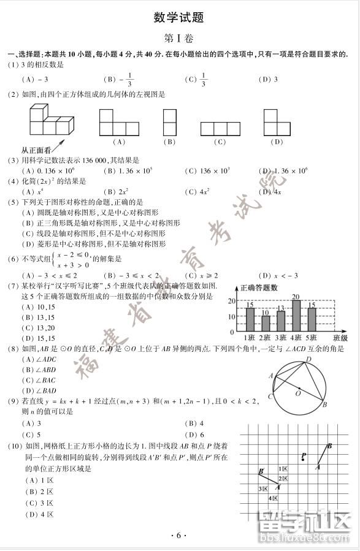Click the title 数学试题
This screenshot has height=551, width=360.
[x=179, y=17]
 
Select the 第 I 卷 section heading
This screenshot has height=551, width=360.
[x=179, y=38]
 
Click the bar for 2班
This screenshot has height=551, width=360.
[x=265, y=323]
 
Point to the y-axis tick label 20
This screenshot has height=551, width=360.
[x=231, y=301]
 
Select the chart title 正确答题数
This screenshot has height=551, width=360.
[x=258, y=288]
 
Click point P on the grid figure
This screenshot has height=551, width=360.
[x=304, y=455]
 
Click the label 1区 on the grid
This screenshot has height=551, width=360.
[x=285, y=469]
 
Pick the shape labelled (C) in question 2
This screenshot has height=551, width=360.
[x=220, y=129]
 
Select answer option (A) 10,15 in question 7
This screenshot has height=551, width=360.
[x=38, y=307]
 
